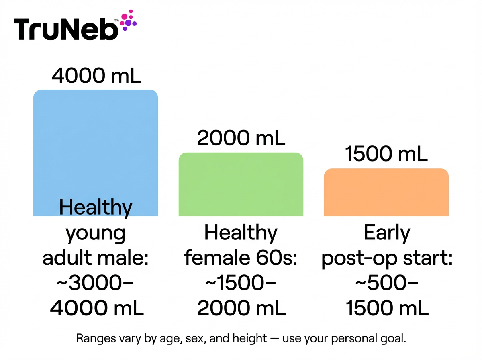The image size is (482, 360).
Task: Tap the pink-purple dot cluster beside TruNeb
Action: (x=128, y=20)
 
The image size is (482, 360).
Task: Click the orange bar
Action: (x=386, y=192)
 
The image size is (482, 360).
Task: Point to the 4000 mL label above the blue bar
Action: (x=96, y=76)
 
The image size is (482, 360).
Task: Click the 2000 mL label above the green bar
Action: (x=241, y=139)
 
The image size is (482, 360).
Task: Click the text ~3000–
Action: (x=96, y=284)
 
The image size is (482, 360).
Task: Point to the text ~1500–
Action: (x=241, y=284)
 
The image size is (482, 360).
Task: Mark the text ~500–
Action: (x=387, y=284)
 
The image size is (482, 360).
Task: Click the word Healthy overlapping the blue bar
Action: (x=96, y=208)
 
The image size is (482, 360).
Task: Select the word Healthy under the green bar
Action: (x=241, y=233)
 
